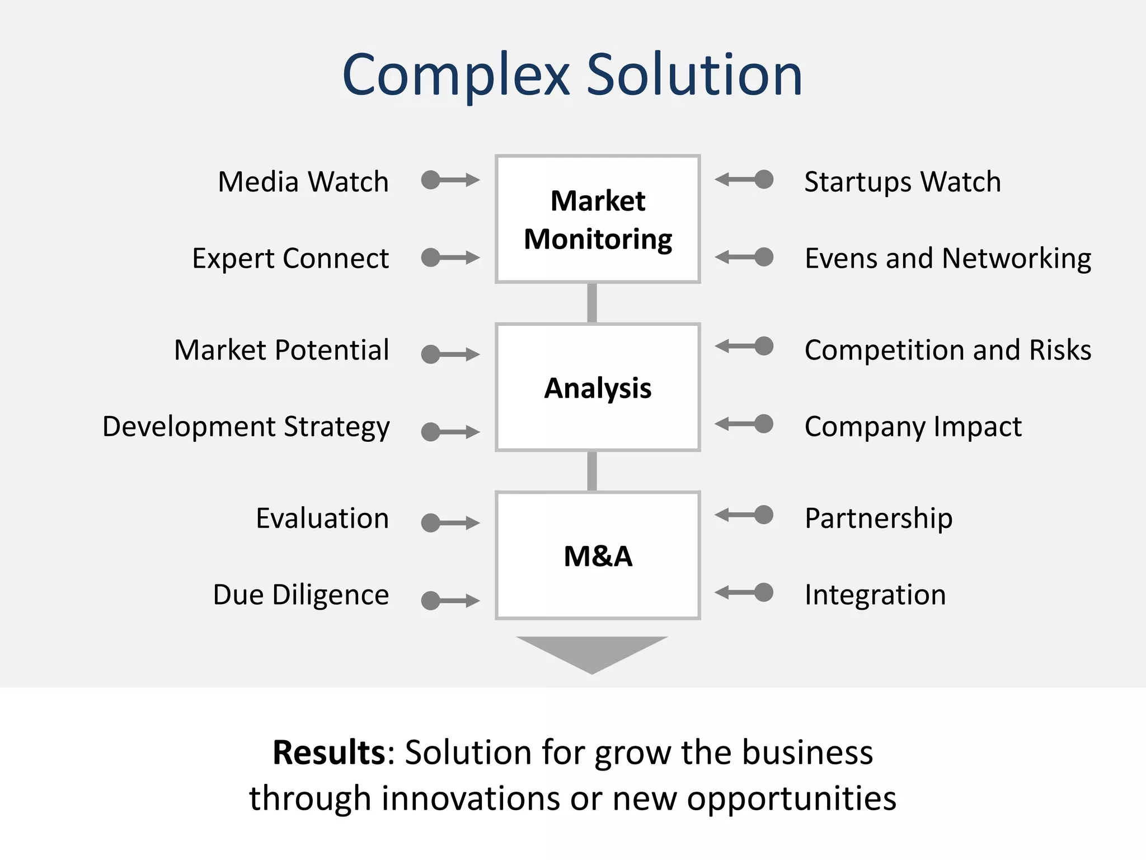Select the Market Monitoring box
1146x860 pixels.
pos(598,219)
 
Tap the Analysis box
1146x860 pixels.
pos(598,387)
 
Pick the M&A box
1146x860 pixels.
pos(598,555)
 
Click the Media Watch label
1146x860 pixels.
pos(303,182)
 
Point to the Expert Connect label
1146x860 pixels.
pos(290,259)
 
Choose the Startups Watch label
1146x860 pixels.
pos(903,182)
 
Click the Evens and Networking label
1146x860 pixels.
pos(948,259)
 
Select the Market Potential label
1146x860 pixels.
pos(281,350)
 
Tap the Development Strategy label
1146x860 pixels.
pos(246,427)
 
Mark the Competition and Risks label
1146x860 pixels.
pos(948,350)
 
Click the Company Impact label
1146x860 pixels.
pos(913,427)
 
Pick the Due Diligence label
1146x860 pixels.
pos(300,595)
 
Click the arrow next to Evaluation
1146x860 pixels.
pos(450,523)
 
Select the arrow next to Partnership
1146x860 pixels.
pos(744,515)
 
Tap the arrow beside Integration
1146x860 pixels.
pos(744,592)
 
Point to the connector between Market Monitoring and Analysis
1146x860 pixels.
pos(592,303)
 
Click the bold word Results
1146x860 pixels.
pos(328,752)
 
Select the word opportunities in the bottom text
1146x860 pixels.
pos(791,798)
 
